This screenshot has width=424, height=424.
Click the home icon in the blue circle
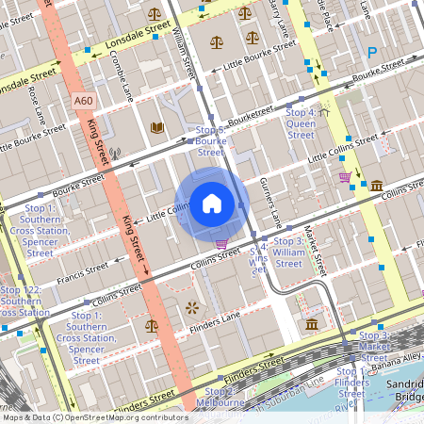tap(212, 203)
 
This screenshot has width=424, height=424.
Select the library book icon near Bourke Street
tap(156, 127)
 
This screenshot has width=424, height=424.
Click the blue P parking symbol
tap(372, 54)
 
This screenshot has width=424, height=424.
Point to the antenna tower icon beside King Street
tap(114, 151)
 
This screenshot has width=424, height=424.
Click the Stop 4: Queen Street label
tap(300, 123)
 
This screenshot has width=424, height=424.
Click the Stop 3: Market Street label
tap(373, 346)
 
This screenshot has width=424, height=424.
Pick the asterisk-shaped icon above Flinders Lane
tap(193, 307)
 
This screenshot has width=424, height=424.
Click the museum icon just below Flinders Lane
tap(312, 325)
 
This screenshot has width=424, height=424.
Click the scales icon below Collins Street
tap(152, 325)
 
